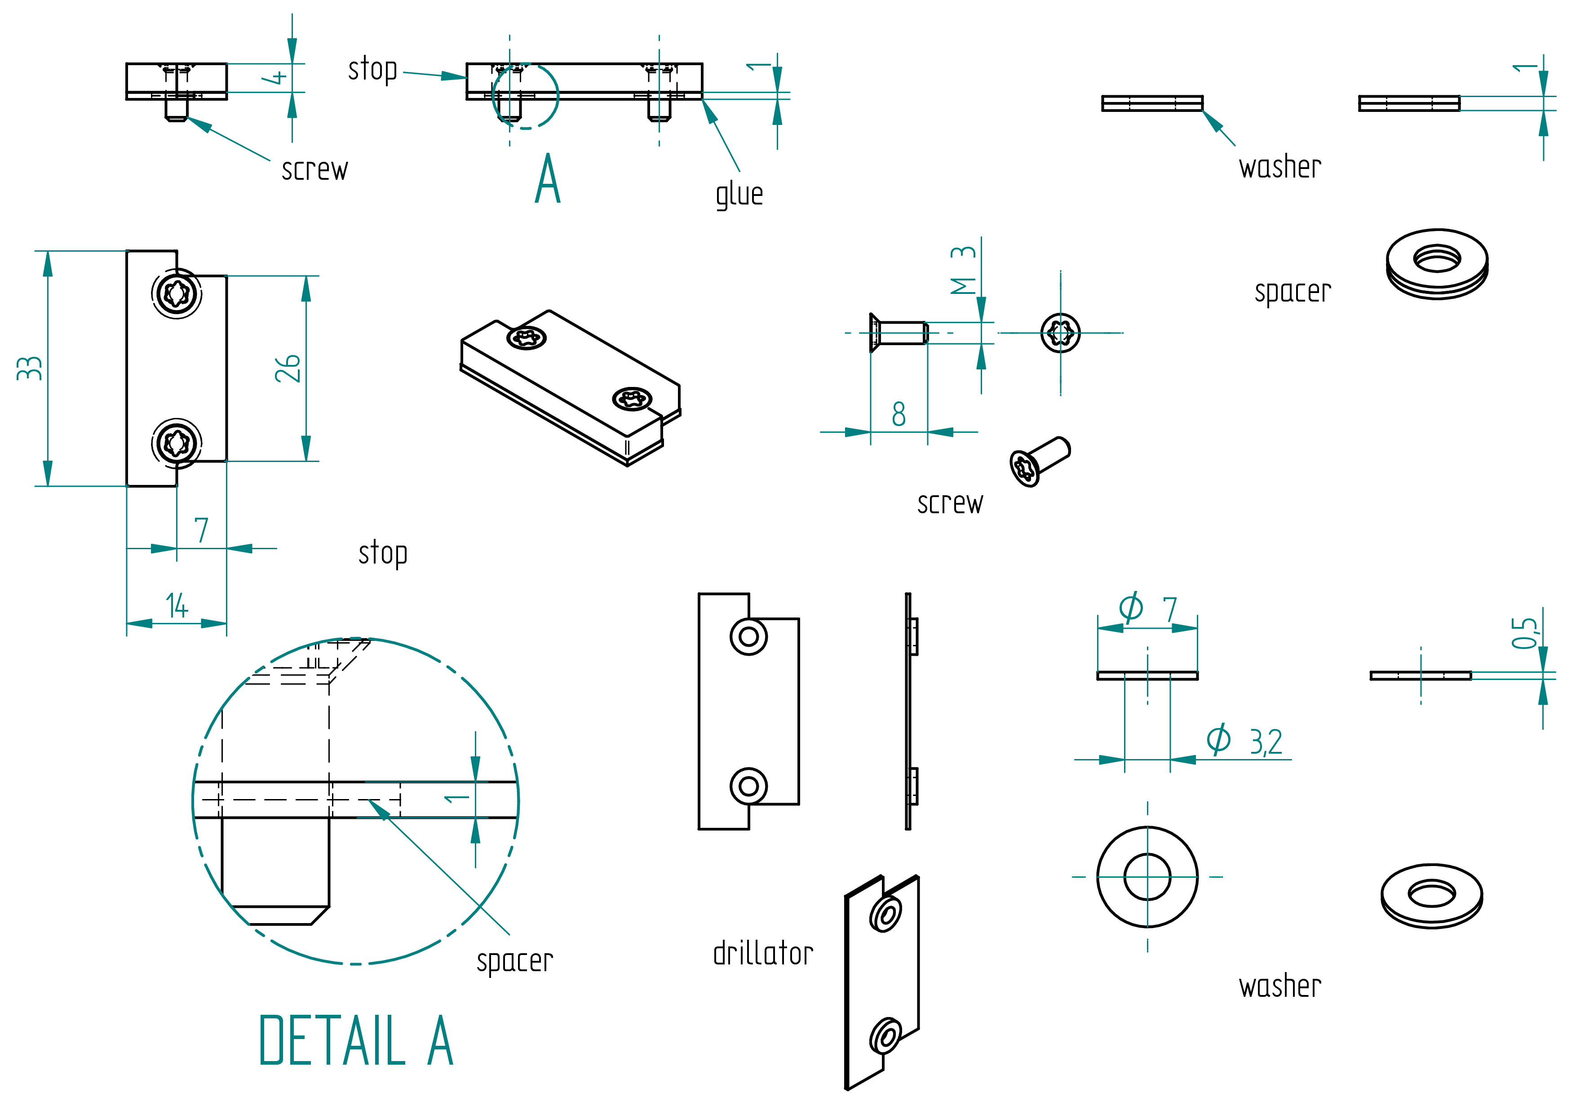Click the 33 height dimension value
[30, 369]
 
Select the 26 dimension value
[288, 369]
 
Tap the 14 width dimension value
[177, 605]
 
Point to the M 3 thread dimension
[963, 270]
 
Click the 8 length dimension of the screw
[899, 414]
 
